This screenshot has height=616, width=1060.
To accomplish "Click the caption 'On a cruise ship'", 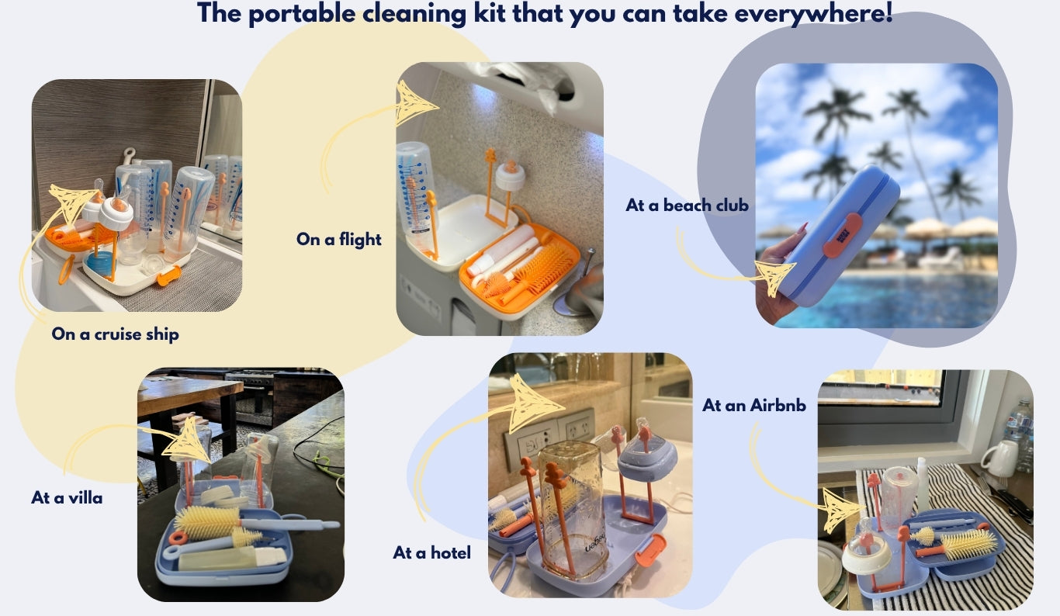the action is pyautogui.click(x=115, y=334).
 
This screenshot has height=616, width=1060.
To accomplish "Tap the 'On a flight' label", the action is pyautogui.click(x=339, y=240).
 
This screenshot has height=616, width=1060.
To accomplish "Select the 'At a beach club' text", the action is pyautogui.click(x=687, y=206).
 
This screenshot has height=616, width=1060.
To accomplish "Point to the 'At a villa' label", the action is pyautogui.click(x=67, y=498).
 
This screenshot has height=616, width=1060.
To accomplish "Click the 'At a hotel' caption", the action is pyautogui.click(x=431, y=552).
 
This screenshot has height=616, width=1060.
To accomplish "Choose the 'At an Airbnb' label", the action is pyautogui.click(x=753, y=406).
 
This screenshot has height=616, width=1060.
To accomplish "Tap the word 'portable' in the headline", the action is pyautogui.click(x=302, y=13).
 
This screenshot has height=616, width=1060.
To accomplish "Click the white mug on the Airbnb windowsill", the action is pyautogui.click(x=999, y=458).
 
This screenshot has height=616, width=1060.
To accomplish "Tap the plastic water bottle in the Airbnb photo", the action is pyautogui.click(x=1021, y=435).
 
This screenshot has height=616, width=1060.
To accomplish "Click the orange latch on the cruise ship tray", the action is pyautogui.click(x=168, y=276).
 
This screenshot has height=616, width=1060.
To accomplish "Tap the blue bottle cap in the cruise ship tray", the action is pyautogui.click(x=101, y=261).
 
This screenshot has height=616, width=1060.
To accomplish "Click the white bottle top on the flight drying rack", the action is pyautogui.click(x=510, y=175).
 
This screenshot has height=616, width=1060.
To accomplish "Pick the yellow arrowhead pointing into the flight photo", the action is pyautogui.click(x=414, y=103).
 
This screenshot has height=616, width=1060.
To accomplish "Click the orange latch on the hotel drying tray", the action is pyautogui.click(x=651, y=550).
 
